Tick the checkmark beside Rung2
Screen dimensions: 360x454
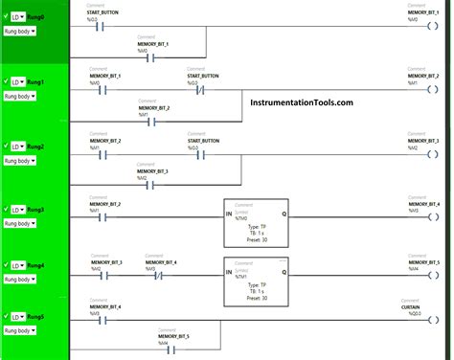pyautogui.click(x=7, y=146)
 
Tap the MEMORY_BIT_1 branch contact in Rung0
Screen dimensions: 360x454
pyautogui.click(x=152, y=56)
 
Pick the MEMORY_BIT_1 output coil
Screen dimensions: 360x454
pyautogui.click(x=431, y=26)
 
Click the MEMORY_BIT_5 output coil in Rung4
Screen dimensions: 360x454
pyautogui.click(x=431, y=272)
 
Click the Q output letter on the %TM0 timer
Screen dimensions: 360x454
pyautogui.click(x=284, y=213)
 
